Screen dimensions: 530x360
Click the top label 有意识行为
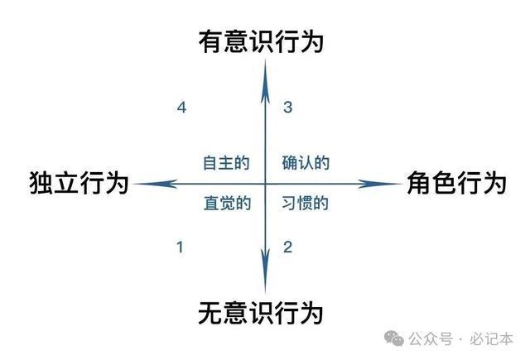[261, 41]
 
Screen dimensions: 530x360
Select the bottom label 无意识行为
[261, 313]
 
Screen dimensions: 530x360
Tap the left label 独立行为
[79, 183]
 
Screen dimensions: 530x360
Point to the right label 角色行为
[456, 183]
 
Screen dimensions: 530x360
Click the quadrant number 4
[182, 108]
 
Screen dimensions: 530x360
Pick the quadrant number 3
[287, 107]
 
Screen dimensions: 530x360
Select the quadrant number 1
[181, 247]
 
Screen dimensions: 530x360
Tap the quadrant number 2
[287, 247]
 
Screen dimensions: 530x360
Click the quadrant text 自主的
[226, 163]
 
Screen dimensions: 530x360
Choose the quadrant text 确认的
[306, 163]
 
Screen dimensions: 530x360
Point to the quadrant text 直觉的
[227, 204]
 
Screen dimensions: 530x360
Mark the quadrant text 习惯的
[305, 204]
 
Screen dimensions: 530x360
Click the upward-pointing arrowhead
[265, 81]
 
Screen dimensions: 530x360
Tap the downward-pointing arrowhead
[265, 270]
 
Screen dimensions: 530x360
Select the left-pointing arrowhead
[155, 184]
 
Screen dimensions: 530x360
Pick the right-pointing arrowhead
[379, 184]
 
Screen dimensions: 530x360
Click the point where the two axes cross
[265, 184]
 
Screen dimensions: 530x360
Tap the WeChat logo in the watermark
[394, 338]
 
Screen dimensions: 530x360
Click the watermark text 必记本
[491, 338]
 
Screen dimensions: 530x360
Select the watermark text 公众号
[431, 338]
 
